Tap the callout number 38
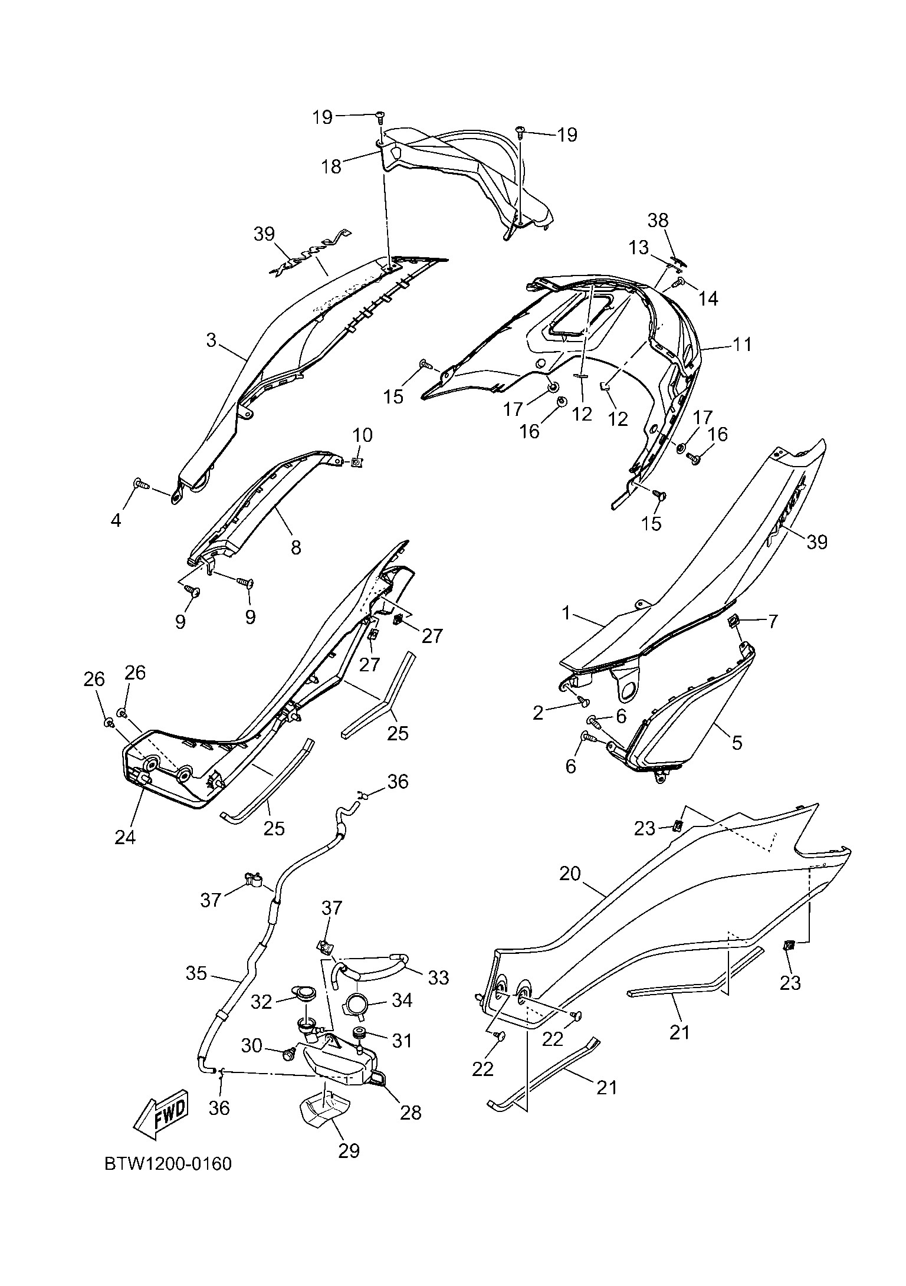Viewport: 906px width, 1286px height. click(x=658, y=221)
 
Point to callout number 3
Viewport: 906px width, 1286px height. click(x=211, y=340)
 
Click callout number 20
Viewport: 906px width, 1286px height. click(x=570, y=874)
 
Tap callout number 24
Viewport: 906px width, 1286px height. click(x=125, y=837)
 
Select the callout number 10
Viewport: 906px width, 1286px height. click(x=363, y=436)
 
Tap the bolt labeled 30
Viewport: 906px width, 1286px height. click(x=290, y=1054)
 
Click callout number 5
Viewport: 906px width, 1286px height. click(x=737, y=743)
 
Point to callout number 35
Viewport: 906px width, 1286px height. click(x=196, y=973)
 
